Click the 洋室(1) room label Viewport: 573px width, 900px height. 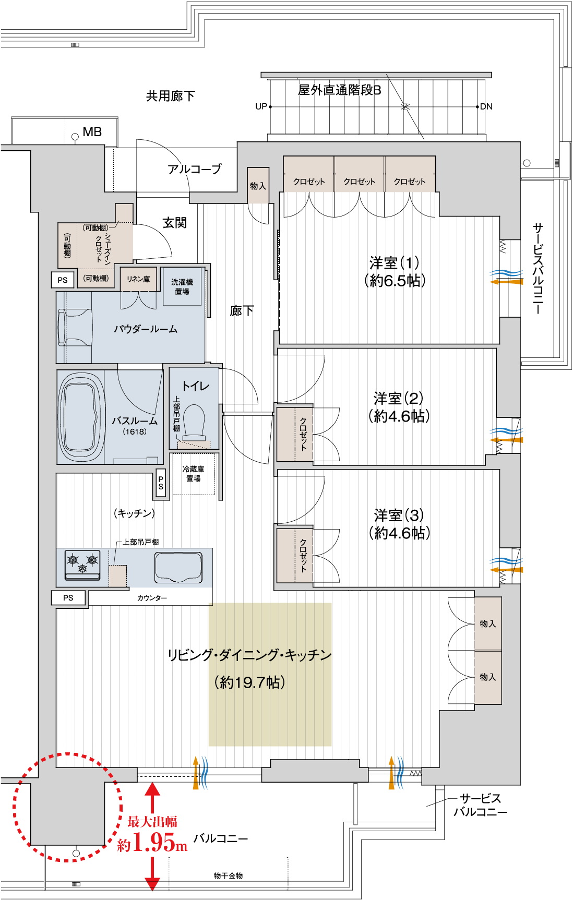395,272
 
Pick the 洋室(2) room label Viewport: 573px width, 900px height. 399,407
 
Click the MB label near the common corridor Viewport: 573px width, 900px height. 92,132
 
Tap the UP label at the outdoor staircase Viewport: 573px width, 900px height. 261,106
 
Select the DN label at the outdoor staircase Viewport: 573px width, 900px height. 486,106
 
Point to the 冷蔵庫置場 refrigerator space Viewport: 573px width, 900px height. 193,474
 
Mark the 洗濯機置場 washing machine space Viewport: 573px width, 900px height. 182,286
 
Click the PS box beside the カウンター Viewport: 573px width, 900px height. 68,598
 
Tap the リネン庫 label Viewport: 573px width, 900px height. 138,279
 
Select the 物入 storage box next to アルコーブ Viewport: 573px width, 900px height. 258,186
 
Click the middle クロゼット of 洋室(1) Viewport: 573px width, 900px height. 360,174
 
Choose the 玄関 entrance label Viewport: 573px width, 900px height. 175,223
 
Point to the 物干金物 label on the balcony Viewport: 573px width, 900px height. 229,876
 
